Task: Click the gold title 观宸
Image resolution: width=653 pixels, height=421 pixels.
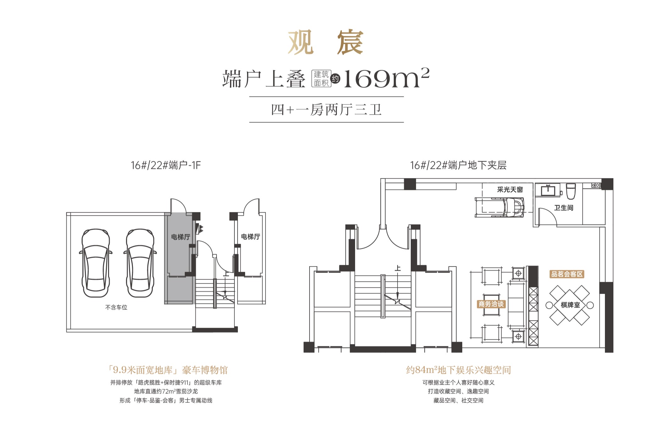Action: [x=326, y=42]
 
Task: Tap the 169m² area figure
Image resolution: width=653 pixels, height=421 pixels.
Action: [x=386, y=79]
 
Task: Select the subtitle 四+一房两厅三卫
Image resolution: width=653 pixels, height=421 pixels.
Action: [x=326, y=110]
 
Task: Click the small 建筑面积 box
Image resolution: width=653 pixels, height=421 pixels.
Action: [x=321, y=79]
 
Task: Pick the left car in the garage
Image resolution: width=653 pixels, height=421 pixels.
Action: [x=96, y=263]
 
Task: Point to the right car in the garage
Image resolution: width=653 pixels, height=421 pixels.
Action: [x=140, y=263]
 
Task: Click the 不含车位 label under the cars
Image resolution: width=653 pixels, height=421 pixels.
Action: [x=116, y=307]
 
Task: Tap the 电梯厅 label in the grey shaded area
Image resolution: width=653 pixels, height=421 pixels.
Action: [x=180, y=237]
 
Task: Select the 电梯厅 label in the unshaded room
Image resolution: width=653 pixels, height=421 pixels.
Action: [x=250, y=236]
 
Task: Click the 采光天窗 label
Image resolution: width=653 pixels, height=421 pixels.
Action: [x=510, y=190]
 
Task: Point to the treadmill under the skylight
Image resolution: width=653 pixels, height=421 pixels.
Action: [x=500, y=207]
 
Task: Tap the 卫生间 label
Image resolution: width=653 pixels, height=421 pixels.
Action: [x=563, y=208]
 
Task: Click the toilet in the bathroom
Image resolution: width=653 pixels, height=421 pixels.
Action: [x=571, y=191]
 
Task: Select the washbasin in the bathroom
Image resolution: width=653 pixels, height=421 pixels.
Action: [x=548, y=190]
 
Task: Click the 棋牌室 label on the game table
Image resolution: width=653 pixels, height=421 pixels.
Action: [x=570, y=305]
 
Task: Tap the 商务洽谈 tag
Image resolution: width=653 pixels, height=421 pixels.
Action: [x=491, y=304]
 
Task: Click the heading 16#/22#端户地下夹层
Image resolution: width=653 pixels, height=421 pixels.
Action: [x=458, y=165]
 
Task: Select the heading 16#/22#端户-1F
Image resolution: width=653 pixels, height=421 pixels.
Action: [x=166, y=165]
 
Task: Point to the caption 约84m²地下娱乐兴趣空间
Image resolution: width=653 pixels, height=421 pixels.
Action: [x=458, y=370]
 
